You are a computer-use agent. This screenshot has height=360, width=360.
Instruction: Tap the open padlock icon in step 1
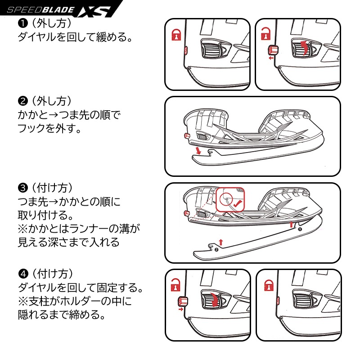pos(266,34)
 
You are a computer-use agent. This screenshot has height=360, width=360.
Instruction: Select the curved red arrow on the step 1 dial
pos(305,47)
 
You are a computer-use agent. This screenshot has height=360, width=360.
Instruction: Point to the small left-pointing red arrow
pos(270,58)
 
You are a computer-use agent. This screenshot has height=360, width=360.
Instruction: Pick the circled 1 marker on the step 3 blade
pos(299,229)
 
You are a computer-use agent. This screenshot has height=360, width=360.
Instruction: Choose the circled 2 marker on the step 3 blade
pos(216,249)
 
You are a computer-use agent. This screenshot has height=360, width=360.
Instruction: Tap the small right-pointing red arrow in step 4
pos(181,310)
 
